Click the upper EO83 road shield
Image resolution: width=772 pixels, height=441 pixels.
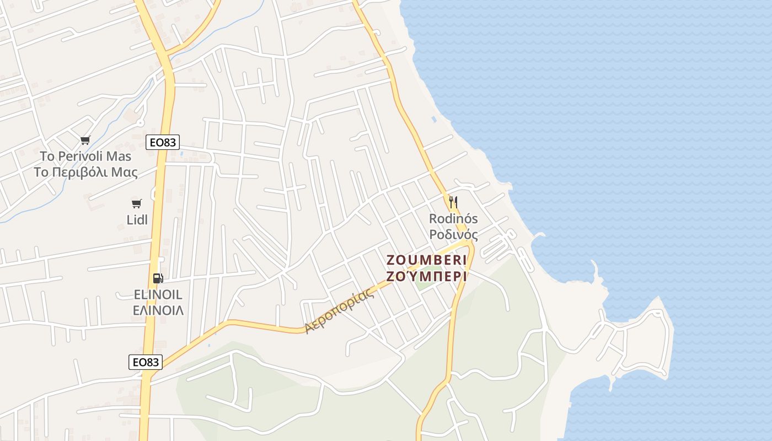click(x=163, y=142)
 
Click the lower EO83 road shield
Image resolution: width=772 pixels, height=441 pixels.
click(x=146, y=362)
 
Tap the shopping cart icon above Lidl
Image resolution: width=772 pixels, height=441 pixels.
click(x=137, y=204)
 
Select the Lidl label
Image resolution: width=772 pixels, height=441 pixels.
click(x=137, y=220)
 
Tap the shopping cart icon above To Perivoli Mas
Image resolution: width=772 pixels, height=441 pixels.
click(x=85, y=140)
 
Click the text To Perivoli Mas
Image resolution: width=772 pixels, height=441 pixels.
click(x=85, y=156)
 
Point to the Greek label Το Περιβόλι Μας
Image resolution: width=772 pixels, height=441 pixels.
click(x=85, y=172)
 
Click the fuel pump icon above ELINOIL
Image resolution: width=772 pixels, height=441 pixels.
click(x=158, y=278)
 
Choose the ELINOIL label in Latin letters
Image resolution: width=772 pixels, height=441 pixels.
click(x=158, y=294)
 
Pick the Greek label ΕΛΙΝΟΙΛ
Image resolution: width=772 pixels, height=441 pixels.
click(x=158, y=310)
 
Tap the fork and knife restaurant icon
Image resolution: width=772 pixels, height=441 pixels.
click(x=453, y=202)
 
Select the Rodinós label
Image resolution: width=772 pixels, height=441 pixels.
click(x=453, y=219)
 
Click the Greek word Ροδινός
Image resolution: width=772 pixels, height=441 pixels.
click(x=453, y=234)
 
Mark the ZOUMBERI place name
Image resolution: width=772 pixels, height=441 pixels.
click(x=427, y=260)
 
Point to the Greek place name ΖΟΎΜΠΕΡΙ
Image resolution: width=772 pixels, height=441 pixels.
click(x=427, y=276)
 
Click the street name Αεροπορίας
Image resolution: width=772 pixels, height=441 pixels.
click(x=340, y=311)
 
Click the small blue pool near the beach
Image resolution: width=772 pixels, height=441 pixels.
click(x=434, y=119)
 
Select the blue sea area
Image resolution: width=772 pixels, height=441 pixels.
click(x=634, y=138)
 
